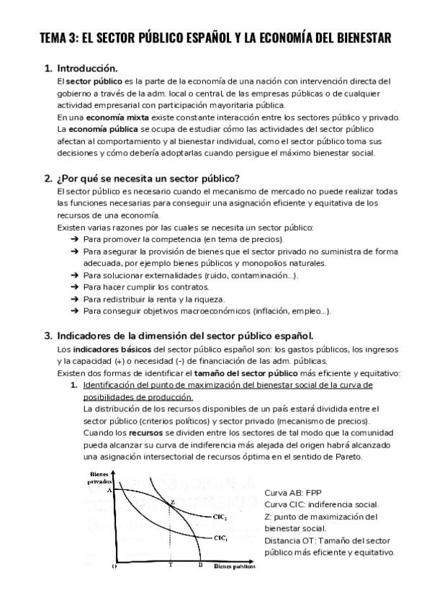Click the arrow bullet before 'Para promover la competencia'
pos(76,239)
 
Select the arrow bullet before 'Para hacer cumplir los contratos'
pos(76,287)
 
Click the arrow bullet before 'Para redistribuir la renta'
pos(76,299)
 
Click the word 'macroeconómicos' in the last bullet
pos(221,311)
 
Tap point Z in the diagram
pos(171,502)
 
